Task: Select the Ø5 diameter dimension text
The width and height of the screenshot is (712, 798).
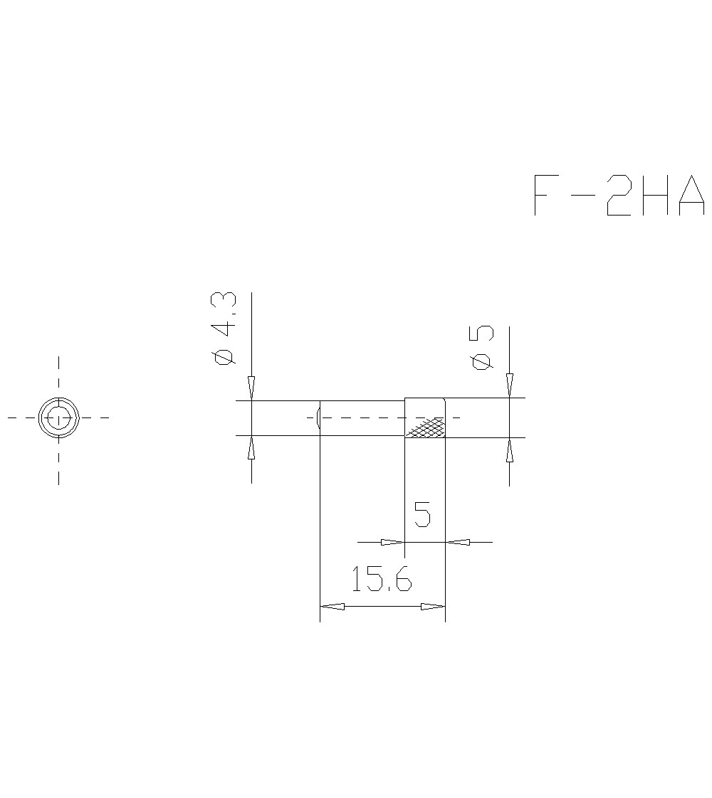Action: click(482, 348)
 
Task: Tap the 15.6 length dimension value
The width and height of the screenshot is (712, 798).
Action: click(381, 580)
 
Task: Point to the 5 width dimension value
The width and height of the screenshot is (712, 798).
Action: click(422, 514)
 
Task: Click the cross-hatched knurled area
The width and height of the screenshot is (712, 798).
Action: click(425, 427)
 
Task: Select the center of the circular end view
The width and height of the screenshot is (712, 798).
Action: click(58, 417)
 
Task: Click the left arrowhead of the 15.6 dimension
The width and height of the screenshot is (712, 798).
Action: click(333, 607)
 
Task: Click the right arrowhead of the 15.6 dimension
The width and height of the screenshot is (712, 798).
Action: click(433, 607)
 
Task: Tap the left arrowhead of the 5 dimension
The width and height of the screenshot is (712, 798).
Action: click(392, 542)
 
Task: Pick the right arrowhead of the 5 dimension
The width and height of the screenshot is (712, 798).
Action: click(459, 542)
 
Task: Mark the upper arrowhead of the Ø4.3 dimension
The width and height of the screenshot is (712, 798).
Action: click(251, 388)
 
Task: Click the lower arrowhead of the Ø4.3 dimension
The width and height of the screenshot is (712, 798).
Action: click(251, 448)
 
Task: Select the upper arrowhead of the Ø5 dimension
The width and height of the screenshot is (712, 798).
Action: click(509, 385)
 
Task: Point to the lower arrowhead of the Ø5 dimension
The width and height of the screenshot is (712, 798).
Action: click(509, 451)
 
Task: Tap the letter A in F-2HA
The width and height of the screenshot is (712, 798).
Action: click(691, 195)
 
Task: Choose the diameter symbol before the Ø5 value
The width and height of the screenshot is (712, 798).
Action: click(482, 361)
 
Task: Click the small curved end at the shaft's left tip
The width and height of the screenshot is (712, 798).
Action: click(319, 417)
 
